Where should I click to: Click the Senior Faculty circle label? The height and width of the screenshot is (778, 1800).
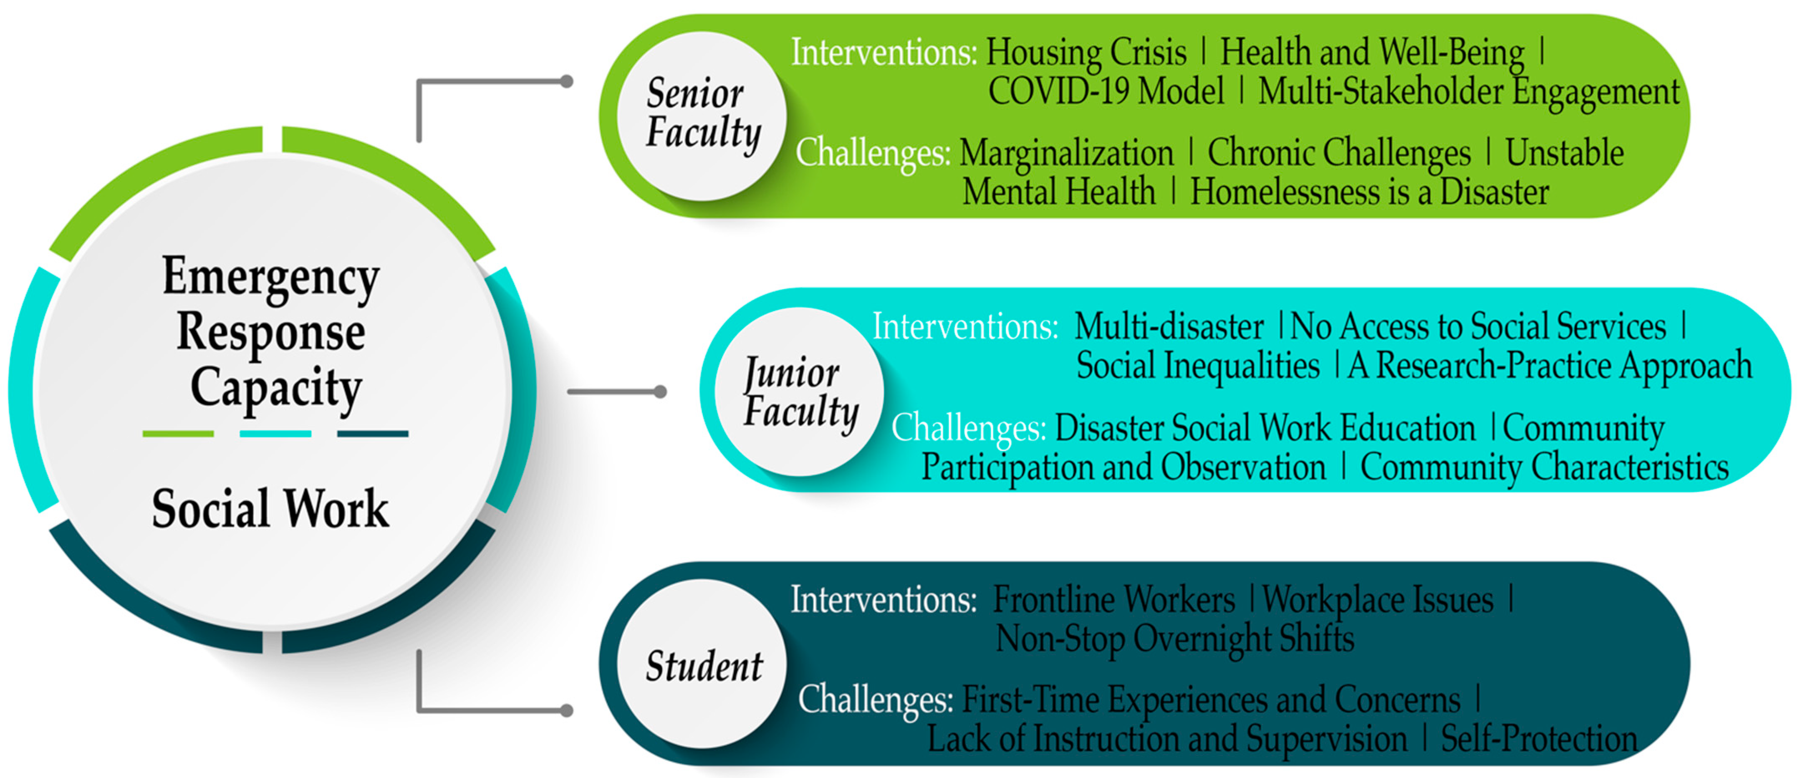pos(703,113)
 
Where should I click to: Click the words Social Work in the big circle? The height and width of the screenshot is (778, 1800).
pos(270,508)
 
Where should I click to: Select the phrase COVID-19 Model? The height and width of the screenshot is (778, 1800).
pos(1106,91)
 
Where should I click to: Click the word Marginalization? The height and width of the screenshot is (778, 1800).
pos(1066,153)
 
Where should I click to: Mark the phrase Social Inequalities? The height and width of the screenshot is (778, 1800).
pos(1198,366)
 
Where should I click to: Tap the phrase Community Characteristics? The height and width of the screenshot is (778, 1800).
pos(1544,467)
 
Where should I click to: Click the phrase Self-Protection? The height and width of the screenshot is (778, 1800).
pos(1539,738)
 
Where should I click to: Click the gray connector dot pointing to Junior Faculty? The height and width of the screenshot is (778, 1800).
pos(660,392)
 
